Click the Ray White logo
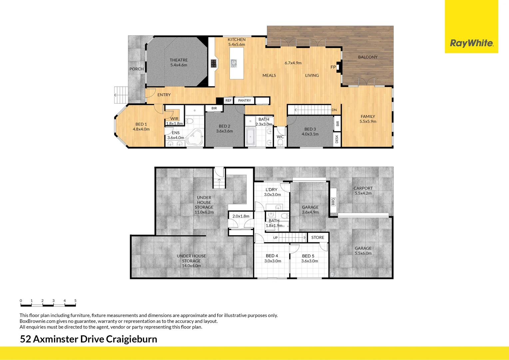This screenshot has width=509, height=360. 471,43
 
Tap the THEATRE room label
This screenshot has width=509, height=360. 179,60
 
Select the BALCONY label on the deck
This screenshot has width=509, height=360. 368,57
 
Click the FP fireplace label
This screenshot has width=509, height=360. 333,67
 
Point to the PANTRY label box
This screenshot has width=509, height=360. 245,100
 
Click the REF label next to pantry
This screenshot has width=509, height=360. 228,100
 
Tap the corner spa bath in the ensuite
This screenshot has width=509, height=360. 195,138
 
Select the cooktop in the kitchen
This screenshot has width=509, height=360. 214,63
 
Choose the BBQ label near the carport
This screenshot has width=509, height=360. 333,202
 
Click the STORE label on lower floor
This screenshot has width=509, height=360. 317,237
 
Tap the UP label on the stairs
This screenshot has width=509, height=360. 275,238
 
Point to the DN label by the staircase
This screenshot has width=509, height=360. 334,110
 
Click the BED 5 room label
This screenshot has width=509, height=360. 308,256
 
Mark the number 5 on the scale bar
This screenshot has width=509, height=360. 75,301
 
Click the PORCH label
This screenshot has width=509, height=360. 137,69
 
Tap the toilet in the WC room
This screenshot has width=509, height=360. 280,143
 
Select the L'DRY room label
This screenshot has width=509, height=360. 271,190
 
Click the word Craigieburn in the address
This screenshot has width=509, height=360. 132,339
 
